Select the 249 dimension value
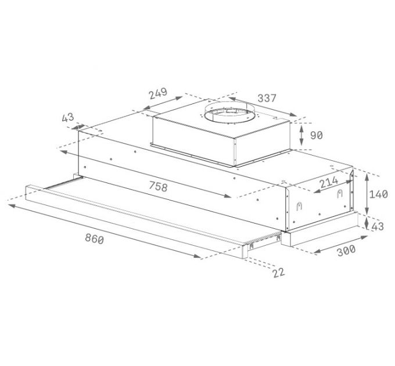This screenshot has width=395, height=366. click(x=157, y=94)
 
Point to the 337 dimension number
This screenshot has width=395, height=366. click(x=267, y=99)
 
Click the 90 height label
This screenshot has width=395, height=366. click(x=316, y=135)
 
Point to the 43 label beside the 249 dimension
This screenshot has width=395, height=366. click(x=67, y=118)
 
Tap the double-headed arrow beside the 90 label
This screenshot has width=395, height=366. click(x=302, y=135)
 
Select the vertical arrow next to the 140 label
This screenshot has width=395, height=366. click(x=367, y=195)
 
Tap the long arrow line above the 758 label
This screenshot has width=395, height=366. click(x=145, y=174)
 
